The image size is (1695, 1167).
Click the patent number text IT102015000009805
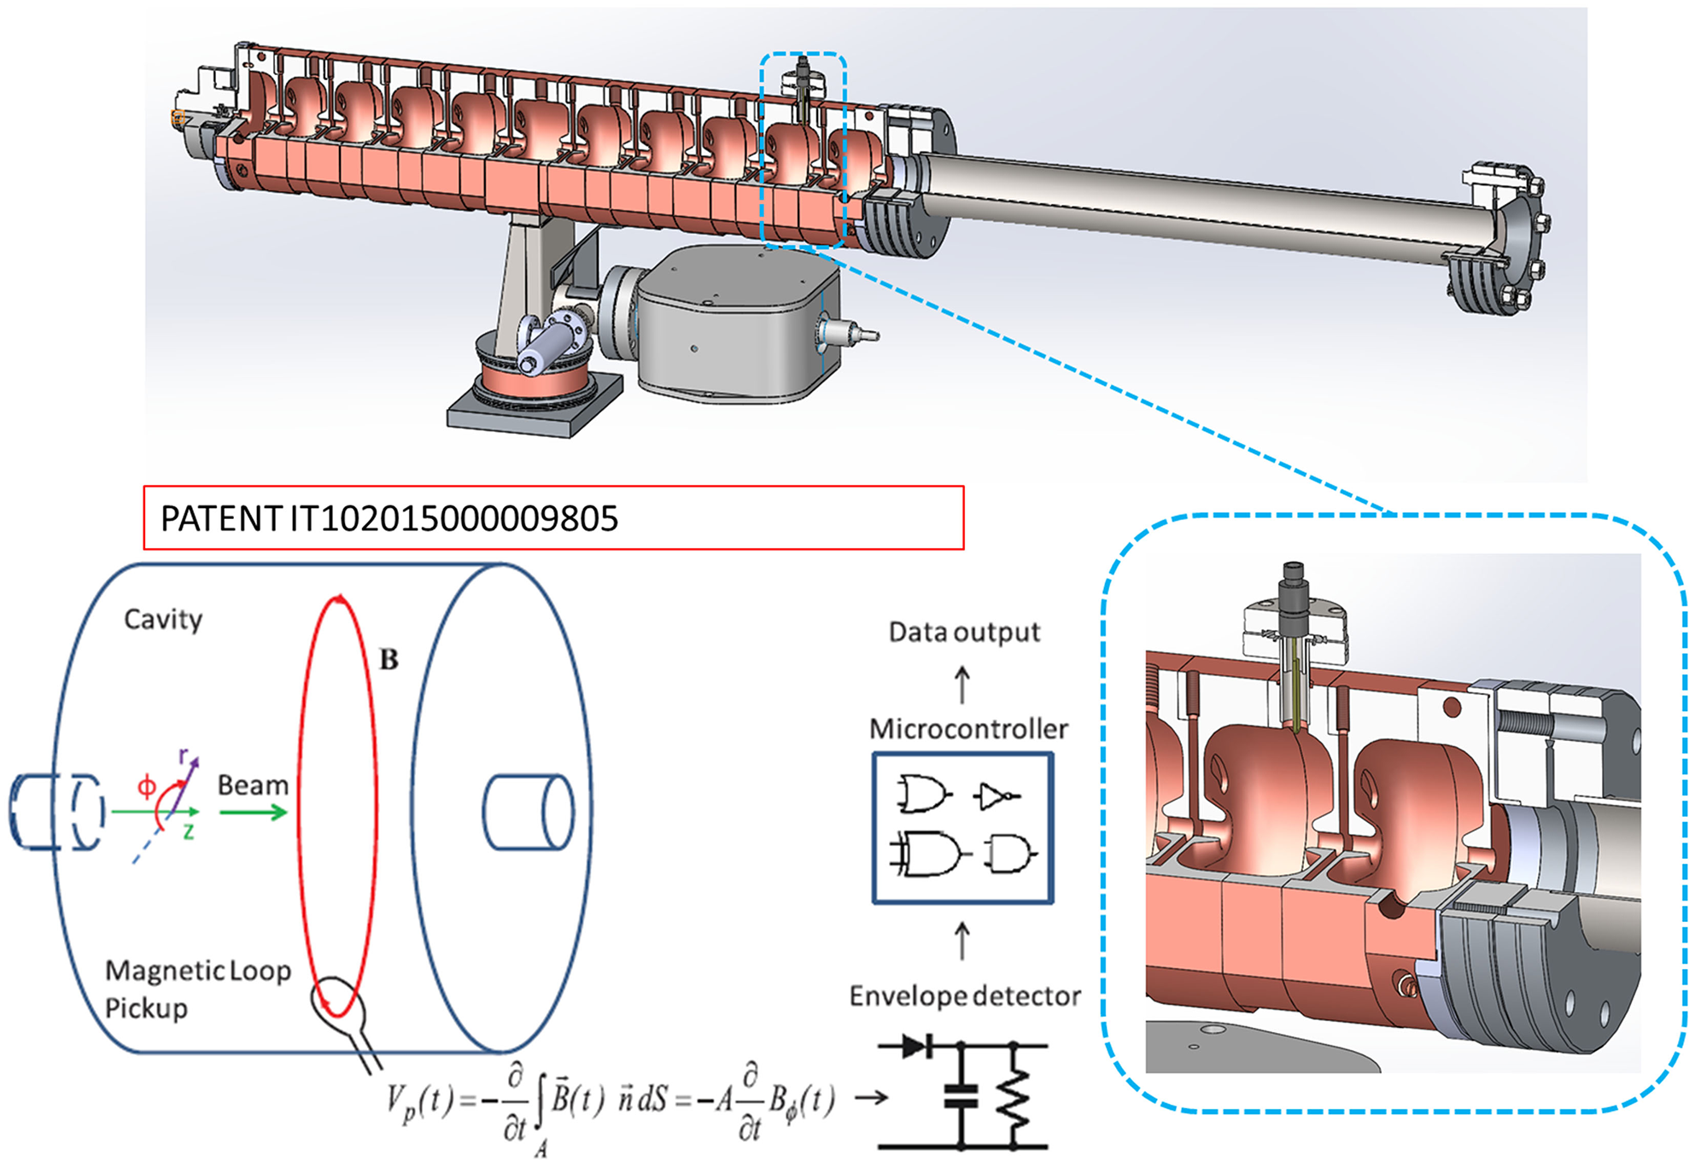[453, 518]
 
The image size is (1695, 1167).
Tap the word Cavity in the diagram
[163, 619]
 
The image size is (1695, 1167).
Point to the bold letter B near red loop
[389, 659]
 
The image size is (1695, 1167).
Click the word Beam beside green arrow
[253, 785]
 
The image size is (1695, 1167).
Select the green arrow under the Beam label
[253, 812]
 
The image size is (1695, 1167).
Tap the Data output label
[964, 632]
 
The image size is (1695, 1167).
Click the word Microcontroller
[968, 728]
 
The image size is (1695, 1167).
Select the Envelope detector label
[964, 995]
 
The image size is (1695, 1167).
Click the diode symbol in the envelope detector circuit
[915, 1045]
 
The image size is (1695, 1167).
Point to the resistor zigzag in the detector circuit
[1014, 1097]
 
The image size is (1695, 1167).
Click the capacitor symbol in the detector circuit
[961, 1096]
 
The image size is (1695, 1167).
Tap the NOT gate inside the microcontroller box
[996, 796]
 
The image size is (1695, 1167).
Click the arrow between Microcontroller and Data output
[962, 685]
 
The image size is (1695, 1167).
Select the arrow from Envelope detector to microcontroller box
[962, 941]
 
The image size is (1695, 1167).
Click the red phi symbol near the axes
[147, 785]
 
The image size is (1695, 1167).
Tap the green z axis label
[189, 831]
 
